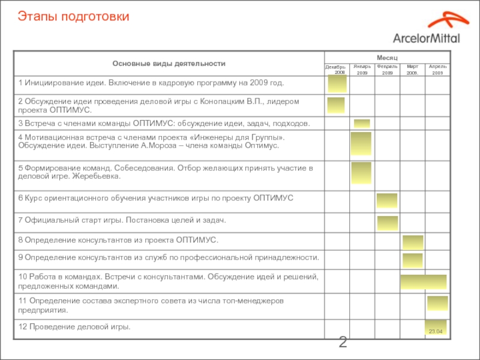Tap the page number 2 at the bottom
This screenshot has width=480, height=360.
pyautogui.click(x=343, y=343)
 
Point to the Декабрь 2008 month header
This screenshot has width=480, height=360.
pyautogui.click(x=336, y=69)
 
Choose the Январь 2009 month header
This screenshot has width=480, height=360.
pyautogui.click(x=362, y=69)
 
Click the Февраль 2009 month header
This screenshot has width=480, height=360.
pyautogui.click(x=387, y=69)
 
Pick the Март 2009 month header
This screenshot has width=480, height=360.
pyautogui.click(x=412, y=69)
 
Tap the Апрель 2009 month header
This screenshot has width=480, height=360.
pyautogui.click(x=437, y=69)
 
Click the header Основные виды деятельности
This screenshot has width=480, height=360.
pyautogui.click(x=169, y=63)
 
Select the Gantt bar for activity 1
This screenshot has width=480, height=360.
pyautogui.click(x=336, y=85)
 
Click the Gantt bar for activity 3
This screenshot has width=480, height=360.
pyautogui.click(x=362, y=124)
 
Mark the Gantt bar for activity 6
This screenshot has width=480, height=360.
pyautogui.click(x=387, y=200)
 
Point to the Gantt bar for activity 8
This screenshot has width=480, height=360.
pyautogui.click(x=413, y=242)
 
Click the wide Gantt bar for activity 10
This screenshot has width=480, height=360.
pyautogui.click(x=424, y=282)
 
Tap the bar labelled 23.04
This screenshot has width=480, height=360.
pyautogui.click(x=436, y=328)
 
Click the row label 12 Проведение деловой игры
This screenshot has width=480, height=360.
pyautogui.click(x=74, y=327)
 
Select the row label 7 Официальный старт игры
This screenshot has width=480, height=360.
pyautogui.click(x=122, y=221)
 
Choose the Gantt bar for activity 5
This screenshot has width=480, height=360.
pyautogui.click(x=361, y=173)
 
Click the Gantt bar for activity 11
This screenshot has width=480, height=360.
pyautogui.click(x=437, y=303)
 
